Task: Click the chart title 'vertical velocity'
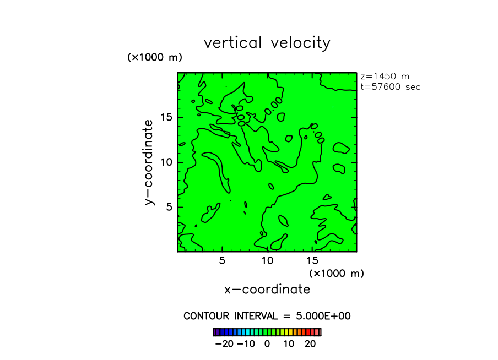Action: (267, 43)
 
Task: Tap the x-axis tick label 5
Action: (222, 261)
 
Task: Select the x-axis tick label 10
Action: (267, 261)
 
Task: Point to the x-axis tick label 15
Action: (312, 261)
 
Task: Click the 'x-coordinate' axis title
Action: (267, 289)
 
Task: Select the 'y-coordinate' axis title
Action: (149, 162)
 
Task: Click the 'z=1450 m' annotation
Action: (385, 77)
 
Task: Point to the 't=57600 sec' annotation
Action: (390, 87)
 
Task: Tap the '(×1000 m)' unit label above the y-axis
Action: (155, 57)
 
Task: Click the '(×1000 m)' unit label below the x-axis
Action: (337, 273)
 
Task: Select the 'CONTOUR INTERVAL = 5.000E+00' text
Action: (267, 316)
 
